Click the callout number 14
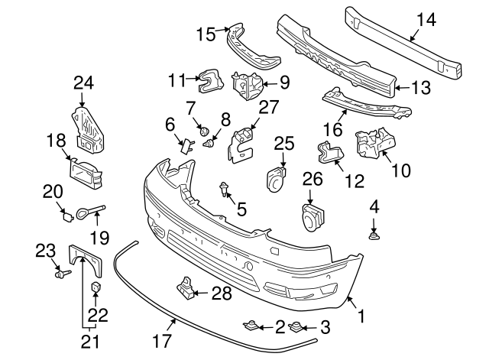pos(426,20)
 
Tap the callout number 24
pos(83,83)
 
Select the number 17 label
pos(162,341)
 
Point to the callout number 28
pos(222,294)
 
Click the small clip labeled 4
pos(374,236)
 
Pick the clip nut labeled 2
pos(251,326)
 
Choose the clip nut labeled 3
pos(296,327)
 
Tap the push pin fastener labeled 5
pos(224,189)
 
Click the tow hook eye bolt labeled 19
pos(90,212)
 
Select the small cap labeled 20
pos(67,216)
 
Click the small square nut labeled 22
pos(96,287)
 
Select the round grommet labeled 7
pos(204,131)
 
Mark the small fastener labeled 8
pos(209,144)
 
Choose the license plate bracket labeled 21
pos(85,260)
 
